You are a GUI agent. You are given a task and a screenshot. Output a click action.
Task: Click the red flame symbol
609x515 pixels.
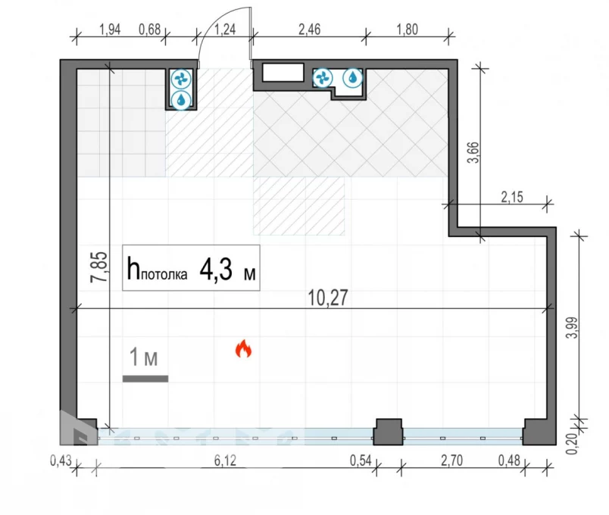(243, 348)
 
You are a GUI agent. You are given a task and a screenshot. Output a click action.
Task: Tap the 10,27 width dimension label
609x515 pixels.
(328, 298)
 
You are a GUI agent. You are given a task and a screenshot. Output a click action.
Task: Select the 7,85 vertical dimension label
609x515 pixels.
(99, 267)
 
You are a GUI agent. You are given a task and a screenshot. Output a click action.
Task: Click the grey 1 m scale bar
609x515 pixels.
(145, 379)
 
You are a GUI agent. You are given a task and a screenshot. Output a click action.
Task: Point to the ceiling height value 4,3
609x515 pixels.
(216, 270)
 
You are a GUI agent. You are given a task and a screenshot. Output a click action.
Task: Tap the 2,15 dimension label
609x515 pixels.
(512, 198)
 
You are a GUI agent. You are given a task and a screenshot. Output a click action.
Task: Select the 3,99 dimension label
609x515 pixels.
(572, 328)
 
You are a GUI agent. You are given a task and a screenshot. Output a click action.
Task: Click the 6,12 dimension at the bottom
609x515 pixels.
(225, 460)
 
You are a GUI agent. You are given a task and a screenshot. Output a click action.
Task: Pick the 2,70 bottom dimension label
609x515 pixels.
(451, 460)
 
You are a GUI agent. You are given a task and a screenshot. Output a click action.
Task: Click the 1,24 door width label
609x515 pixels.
(225, 30)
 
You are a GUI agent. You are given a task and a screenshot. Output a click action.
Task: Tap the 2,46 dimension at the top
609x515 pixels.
(310, 30)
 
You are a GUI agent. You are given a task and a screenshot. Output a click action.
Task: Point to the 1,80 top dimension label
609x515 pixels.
(407, 30)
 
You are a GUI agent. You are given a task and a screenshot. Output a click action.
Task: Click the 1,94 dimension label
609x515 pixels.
(110, 30)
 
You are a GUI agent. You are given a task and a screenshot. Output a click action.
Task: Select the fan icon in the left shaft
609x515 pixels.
(181, 80)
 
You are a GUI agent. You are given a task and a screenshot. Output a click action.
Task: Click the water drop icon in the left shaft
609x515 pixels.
(181, 100)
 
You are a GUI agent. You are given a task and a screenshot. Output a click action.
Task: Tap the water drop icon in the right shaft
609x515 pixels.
(353, 78)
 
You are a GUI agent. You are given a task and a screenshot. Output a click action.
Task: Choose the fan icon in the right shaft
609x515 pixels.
(323, 78)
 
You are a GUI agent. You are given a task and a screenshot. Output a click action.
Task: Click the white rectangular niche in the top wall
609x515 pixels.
(283, 73)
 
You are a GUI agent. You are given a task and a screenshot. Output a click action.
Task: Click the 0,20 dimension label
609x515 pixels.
(572, 443)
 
